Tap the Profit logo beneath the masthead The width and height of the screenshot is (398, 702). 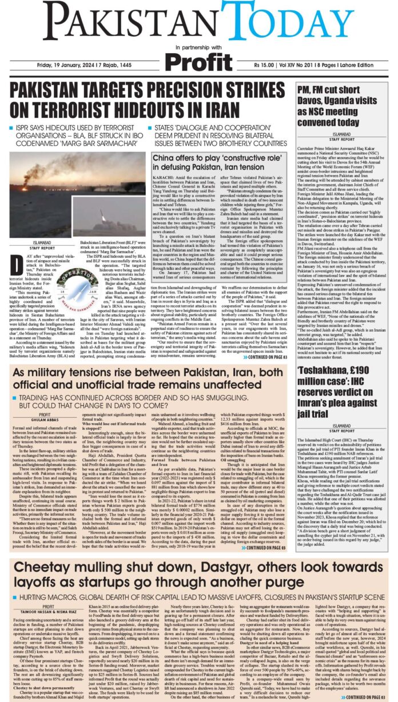198,59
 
